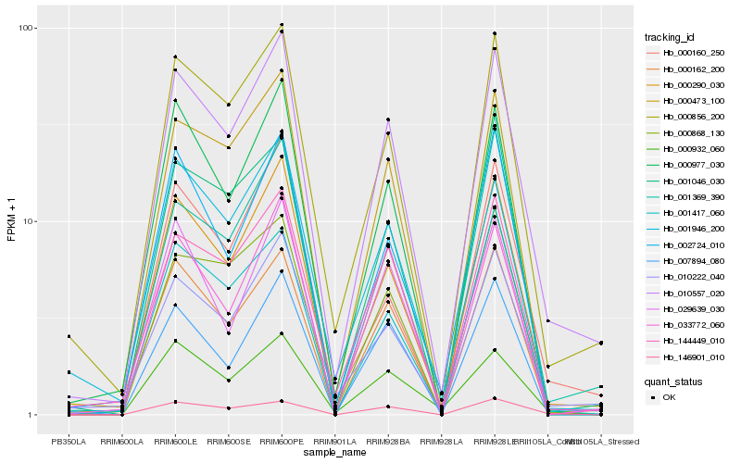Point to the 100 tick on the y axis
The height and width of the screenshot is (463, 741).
click(x=27, y=28)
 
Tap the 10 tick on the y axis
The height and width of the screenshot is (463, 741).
click(x=30, y=221)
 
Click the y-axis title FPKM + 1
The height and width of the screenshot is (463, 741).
click(x=12, y=221)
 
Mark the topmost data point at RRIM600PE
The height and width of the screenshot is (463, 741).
click(x=282, y=25)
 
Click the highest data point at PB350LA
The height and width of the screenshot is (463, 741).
click(x=68, y=336)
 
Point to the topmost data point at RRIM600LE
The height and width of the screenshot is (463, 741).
click(x=175, y=56)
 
